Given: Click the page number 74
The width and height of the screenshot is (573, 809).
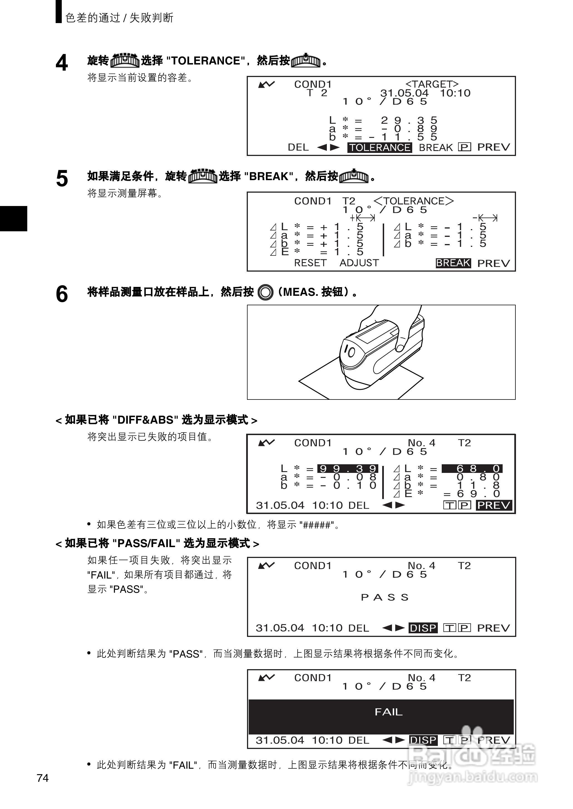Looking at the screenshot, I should point(43,778).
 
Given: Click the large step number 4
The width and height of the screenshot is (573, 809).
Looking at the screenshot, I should point(62,63).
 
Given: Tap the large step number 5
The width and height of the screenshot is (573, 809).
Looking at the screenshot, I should point(62,178).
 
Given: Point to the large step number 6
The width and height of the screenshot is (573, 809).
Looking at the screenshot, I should point(62,294).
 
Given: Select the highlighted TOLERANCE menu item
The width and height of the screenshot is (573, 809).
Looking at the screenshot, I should point(380,147).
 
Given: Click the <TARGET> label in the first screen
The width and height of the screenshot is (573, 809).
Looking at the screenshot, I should point(432,84).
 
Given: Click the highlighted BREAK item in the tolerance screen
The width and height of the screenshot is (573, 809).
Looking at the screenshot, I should point(453,263).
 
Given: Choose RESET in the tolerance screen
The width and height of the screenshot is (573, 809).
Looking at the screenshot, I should point(310,263).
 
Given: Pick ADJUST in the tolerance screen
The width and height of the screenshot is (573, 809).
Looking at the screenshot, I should point(359,263).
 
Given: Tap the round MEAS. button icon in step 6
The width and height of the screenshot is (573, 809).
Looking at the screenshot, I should point(265,292).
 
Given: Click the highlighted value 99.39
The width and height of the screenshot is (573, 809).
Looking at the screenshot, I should point(347,469).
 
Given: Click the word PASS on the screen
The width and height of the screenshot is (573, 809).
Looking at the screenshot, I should point(385,597).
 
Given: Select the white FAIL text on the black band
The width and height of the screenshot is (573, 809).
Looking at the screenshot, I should point(389,712).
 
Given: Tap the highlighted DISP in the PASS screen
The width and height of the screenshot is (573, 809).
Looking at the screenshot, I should point(423,628).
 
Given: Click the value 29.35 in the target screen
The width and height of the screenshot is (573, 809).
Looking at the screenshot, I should point(409,120).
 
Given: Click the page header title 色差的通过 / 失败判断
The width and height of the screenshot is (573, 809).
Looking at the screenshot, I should point(119,18).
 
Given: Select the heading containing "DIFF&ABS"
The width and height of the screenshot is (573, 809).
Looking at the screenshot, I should point(156,420).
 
